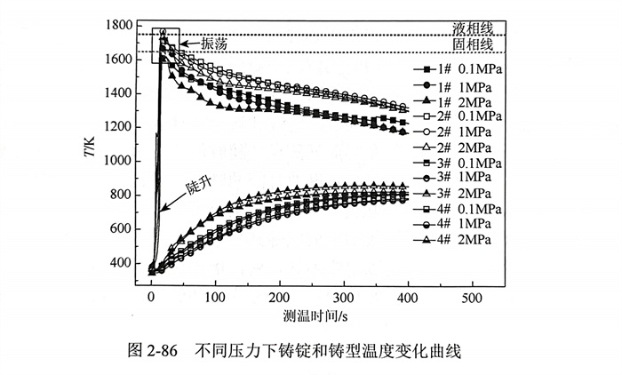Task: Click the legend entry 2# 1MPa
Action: tap(458, 132)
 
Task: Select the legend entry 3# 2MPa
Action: tap(458, 195)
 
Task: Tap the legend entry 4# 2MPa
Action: tap(458, 241)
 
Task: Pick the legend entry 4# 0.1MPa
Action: tap(458, 210)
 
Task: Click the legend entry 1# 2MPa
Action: tap(458, 101)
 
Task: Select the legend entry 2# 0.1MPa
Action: tap(458, 116)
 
